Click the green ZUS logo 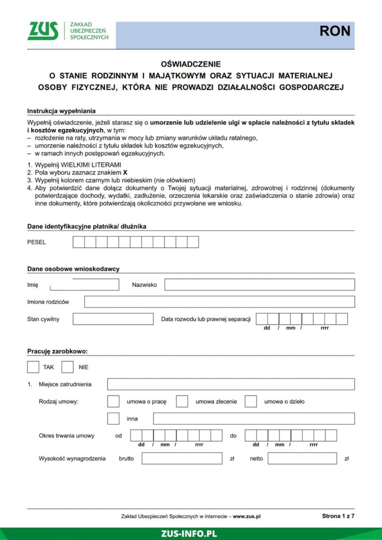click(x=43, y=31)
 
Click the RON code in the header click(x=335, y=31)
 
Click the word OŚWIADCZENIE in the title click(x=191, y=64)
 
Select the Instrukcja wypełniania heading click(x=61, y=111)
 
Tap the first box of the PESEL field click(x=79, y=242)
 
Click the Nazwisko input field click(x=259, y=285)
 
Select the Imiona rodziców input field click(x=219, y=302)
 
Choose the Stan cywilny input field click(x=113, y=319)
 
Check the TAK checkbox click(x=33, y=367)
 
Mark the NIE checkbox click(x=68, y=367)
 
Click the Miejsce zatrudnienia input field click(x=231, y=384)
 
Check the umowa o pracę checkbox click(x=113, y=401)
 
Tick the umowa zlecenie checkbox click(x=182, y=401)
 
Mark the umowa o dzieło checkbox click(x=251, y=401)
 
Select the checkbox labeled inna click(x=113, y=419)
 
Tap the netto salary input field click(x=302, y=458)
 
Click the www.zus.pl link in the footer click(x=247, y=517)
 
